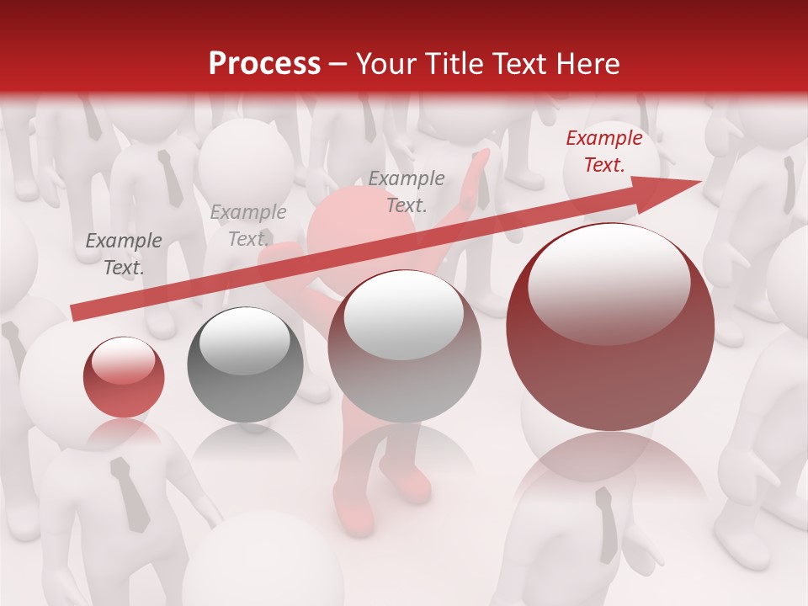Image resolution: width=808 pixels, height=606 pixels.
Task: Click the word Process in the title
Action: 264,64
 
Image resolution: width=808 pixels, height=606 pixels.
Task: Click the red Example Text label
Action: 603,151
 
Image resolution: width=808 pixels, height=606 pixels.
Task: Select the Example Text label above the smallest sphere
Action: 124,253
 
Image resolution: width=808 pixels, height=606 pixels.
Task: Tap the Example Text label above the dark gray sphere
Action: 248,226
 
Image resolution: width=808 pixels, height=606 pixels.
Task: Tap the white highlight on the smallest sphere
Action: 123,360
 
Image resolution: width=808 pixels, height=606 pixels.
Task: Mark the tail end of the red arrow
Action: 76,313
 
